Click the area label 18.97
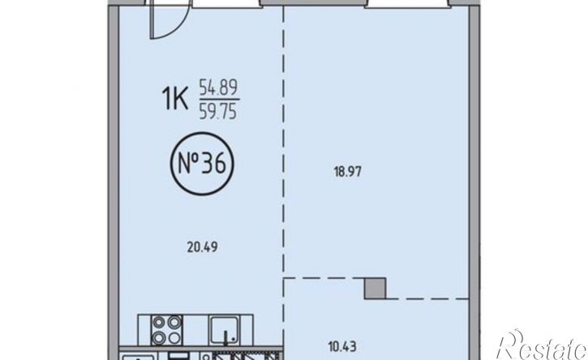pyautogui.click(x=348, y=172)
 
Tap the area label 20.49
pyautogui.click(x=203, y=247)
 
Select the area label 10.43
pyautogui.click(x=342, y=347)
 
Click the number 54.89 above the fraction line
pyautogui.click(x=218, y=88)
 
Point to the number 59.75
pyautogui.click(x=218, y=111)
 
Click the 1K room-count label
pyautogui.click(x=175, y=99)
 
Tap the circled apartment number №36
pyautogui.click(x=202, y=164)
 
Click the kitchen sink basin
pyautogui.click(x=224, y=330)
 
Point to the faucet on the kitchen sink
pyautogui.click(x=226, y=337)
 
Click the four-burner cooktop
pyautogui.click(x=166, y=330)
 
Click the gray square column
pyautogui.click(x=375, y=289)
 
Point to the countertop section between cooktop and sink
pyautogui.click(x=195, y=330)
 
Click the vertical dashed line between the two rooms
pyautogui.click(x=284, y=143)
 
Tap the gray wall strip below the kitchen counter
pyautogui.click(x=200, y=349)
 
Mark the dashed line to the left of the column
pyautogui.click(x=324, y=278)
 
